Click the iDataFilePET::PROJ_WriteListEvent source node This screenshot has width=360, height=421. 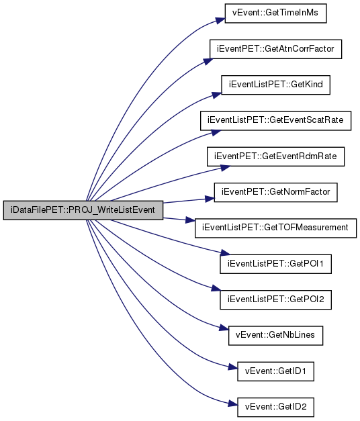[83, 210]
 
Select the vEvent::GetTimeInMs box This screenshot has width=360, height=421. [275, 13]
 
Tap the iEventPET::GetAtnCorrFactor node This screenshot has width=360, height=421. [275, 49]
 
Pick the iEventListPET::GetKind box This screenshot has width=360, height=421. [275, 85]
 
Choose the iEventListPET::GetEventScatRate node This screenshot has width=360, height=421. [275, 121]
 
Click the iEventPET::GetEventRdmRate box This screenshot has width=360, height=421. [275, 156]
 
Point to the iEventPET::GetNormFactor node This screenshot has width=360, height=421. [275, 192]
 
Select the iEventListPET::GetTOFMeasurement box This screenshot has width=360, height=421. [275, 228]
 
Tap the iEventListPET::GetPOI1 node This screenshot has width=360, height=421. [275, 264]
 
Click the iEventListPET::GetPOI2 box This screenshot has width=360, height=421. [275, 299]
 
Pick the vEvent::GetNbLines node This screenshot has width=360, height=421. [275, 335]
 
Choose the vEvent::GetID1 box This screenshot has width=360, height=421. [275, 371]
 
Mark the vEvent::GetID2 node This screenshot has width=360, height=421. [275, 407]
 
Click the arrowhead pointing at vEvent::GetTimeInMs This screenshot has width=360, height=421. [220, 21]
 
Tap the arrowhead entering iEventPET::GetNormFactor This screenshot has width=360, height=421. [210, 199]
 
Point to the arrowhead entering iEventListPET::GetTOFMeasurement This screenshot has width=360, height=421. [190, 220]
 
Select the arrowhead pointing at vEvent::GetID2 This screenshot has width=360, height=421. [233, 404]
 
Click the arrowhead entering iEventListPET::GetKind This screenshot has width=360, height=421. [217, 95]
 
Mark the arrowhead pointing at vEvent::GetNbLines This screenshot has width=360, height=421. [224, 328]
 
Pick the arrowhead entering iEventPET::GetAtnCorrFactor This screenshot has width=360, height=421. [208, 61]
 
